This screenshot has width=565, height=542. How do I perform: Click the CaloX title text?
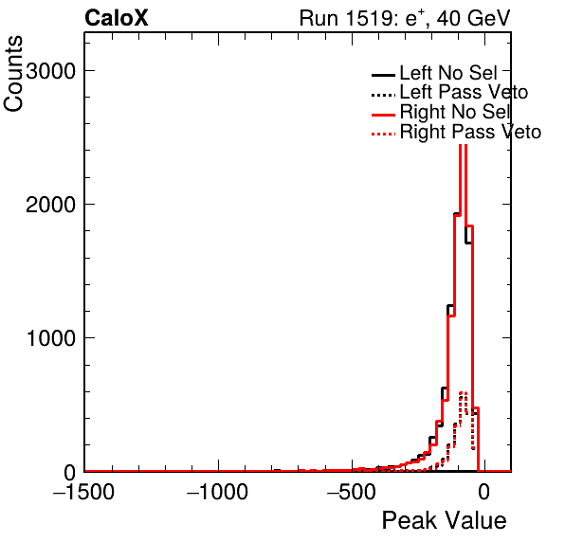tap(117, 18)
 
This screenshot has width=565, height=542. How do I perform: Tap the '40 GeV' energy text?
tap(474, 18)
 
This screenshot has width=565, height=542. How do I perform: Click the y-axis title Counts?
tap(13, 74)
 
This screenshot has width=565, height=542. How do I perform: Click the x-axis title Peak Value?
tap(444, 520)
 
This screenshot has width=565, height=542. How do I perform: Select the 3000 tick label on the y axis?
tap(50, 71)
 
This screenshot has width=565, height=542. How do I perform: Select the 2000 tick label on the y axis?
tap(50, 205)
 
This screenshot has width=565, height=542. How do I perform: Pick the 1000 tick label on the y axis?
tap(51, 338)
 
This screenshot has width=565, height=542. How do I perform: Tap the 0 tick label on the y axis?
tap(69, 472)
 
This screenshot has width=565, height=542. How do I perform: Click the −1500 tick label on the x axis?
tap(83, 491)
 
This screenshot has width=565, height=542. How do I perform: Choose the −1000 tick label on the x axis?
tap(217, 491)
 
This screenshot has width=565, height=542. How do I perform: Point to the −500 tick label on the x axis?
tap(352, 491)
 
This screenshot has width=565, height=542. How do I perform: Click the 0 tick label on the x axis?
tap(484, 491)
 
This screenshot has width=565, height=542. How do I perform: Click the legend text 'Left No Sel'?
tap(448, 73)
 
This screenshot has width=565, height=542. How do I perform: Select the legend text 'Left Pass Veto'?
tap(464, 92)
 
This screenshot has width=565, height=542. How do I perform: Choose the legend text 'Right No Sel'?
tap(455, 112)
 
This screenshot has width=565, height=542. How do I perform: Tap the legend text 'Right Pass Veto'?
tap(470, 132)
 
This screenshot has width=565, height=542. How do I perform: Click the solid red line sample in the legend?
tap(383, 115)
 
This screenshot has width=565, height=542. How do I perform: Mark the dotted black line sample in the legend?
tap(383, 96)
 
